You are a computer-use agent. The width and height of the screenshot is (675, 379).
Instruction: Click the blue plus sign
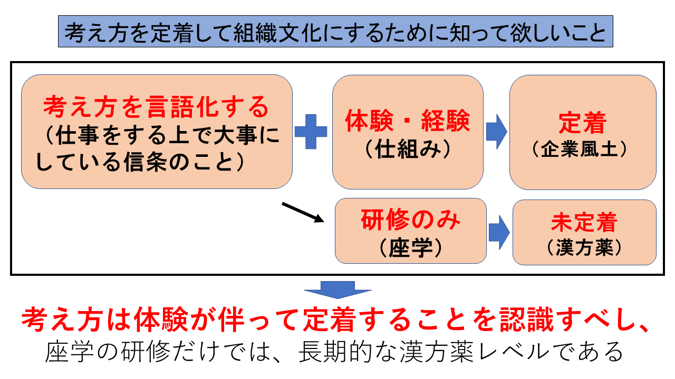pyautogui.click(x=311, y=132)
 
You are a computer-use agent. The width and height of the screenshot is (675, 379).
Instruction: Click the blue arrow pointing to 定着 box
pyautogui.click(x=496, y=132)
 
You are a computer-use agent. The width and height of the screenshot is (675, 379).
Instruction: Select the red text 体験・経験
pyautogui.click(x=407, y=123)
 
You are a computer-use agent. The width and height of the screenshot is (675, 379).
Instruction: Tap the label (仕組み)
pyautogui.click(x=408, y=150)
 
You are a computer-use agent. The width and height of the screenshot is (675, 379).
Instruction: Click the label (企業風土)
pyautogui.click(x=582, y=150)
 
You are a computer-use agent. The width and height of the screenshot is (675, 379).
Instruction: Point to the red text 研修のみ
pyautogui.click(x=410, y=220)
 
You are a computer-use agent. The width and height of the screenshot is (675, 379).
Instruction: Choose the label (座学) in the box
pyautogui.click(x=410, y=247)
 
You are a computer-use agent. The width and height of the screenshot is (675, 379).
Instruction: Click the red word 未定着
pyautogui.click(x=584, y=223)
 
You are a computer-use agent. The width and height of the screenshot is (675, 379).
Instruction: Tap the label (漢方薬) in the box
pyautogui.click(x=584, y=247)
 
